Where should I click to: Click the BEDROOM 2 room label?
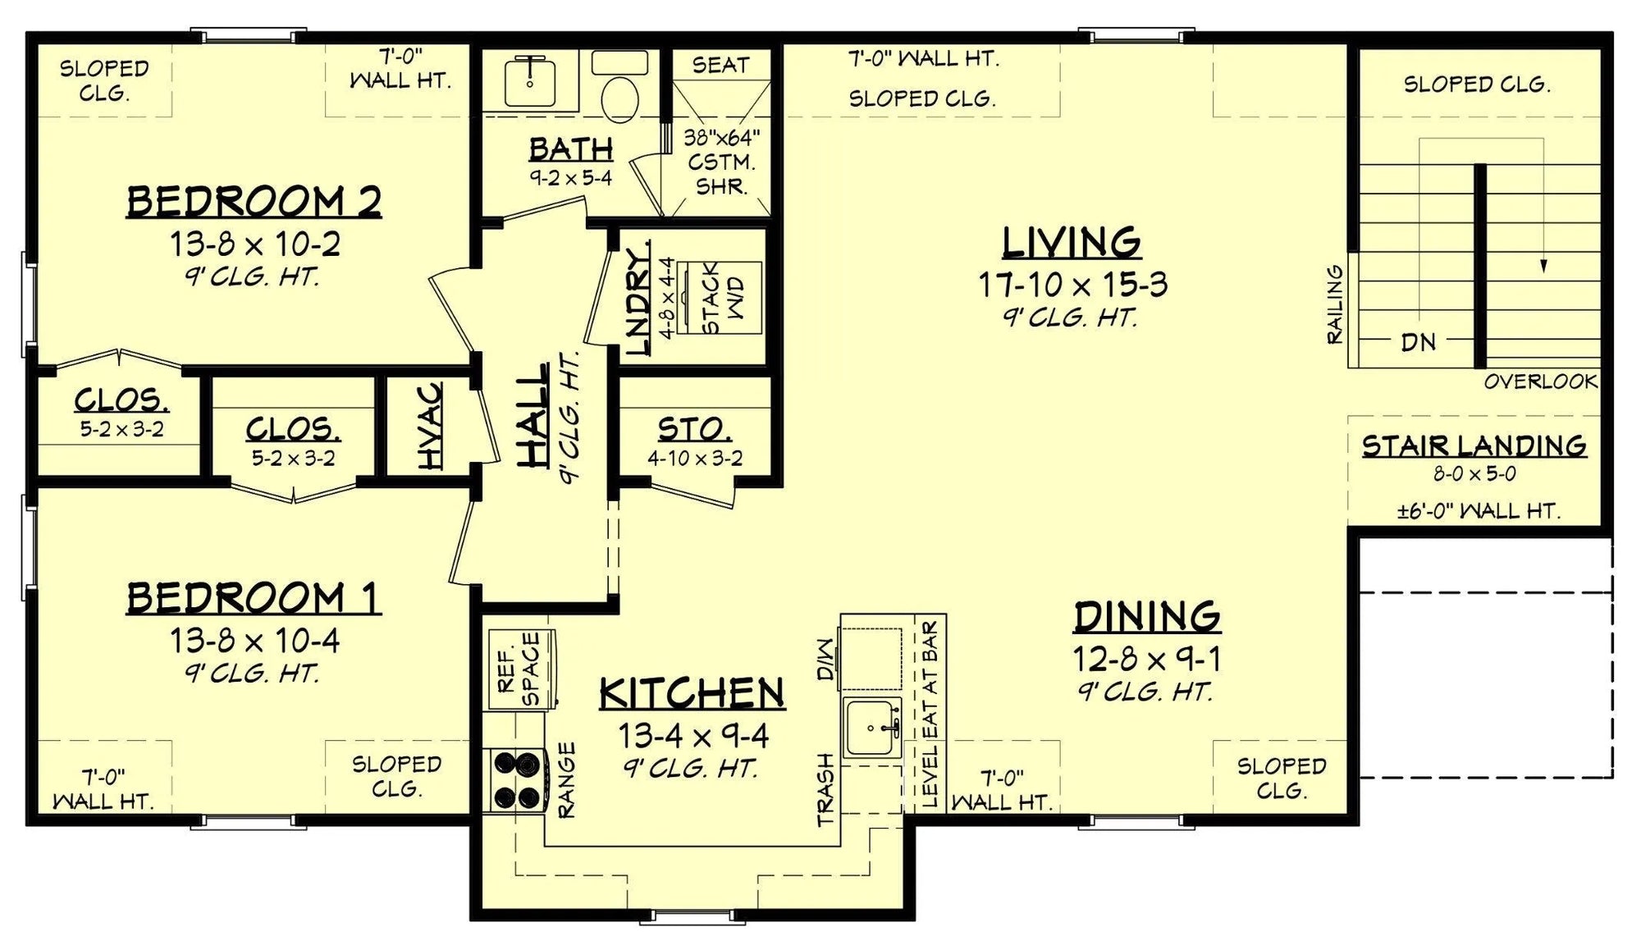pyautogui.click(x=254, y=202)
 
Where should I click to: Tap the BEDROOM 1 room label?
pyautogui.click(x=254, y=598)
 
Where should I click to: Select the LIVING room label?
pyautogui.click(x=1072, y=242)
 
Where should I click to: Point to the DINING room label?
pyautogui.click(x=1147, y=616)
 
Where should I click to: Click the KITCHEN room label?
pyautogui.click(x=693, y=693)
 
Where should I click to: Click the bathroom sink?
pyautogui.click(x=530, y=81)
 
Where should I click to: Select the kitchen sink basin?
pyautogui.click(x=873, y=727)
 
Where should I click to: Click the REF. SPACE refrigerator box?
pyautogui.click(x=523, y=669)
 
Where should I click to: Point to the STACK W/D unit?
pyautogui.click(x=722, y=298)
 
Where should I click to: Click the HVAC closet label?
pyautogui.click(x=430, y=427)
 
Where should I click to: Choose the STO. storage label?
pyautogui.click(x=694, y=428)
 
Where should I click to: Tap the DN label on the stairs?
pyautogui.click(x=1419, y=342)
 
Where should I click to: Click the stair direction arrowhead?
pyautogui.click(x=1543, y=266)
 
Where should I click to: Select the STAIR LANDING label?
pyautogui.click(x=1474, y=445)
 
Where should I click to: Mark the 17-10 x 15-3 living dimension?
pyautogui.click(x=1072, y=285)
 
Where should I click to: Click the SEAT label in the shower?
pyautogui.click(x=720, y=65)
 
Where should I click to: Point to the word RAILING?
pyautogui.click(x=1336, y=304)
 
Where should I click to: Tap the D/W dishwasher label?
pyautogui.click(x=825, y=660)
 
